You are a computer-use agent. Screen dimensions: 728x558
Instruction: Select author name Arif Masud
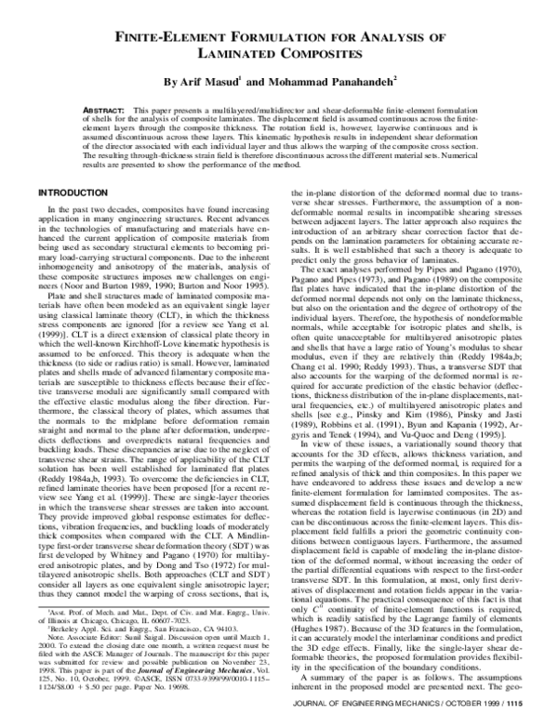pyautogui.click(x=214, y=83)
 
